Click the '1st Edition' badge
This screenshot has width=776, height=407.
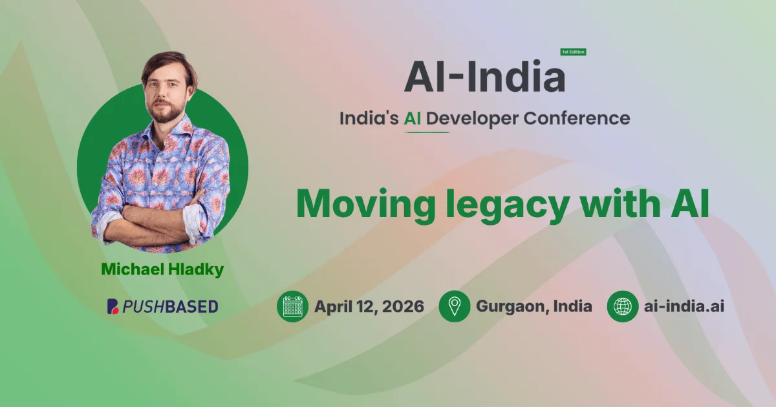[574, 52]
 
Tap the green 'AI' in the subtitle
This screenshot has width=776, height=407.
[413, 118]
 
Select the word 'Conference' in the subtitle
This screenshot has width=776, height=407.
[576, 118]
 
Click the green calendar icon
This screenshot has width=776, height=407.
[292, 306]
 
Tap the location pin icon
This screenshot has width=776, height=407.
[455, 306]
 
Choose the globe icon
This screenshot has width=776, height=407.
[623, 306]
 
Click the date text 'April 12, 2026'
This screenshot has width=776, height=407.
[369, 307]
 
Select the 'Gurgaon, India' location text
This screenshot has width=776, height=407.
[534, 307]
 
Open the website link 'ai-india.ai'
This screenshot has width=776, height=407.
[684, 306]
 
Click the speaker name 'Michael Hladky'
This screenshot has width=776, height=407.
[162, 269]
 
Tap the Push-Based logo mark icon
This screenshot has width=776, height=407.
[113, 306]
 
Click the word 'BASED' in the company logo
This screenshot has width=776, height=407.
[191, 307]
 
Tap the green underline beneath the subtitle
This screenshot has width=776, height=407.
[426, 132]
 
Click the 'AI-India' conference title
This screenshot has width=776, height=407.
[484, 76]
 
